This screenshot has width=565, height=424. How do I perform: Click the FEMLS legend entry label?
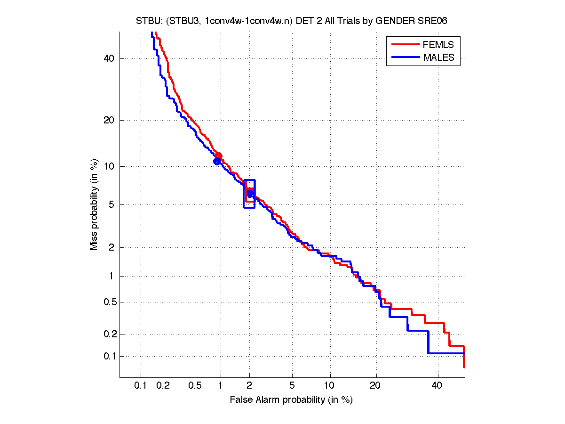tap(438, 45)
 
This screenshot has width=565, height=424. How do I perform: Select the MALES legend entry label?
tap(438, 57)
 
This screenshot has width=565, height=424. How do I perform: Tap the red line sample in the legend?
tap(405, 45)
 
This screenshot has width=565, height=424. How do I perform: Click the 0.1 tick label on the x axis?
tap(141, 385)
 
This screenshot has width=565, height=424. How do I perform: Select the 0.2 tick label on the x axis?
tap(163, 385)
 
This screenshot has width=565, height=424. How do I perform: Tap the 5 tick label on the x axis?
tap(292, 385)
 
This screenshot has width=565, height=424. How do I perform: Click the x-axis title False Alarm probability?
tap(291, 400)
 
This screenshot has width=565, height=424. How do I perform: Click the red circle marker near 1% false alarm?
tap(218, 156)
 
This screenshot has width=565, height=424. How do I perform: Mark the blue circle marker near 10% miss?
tap(217, 161)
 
